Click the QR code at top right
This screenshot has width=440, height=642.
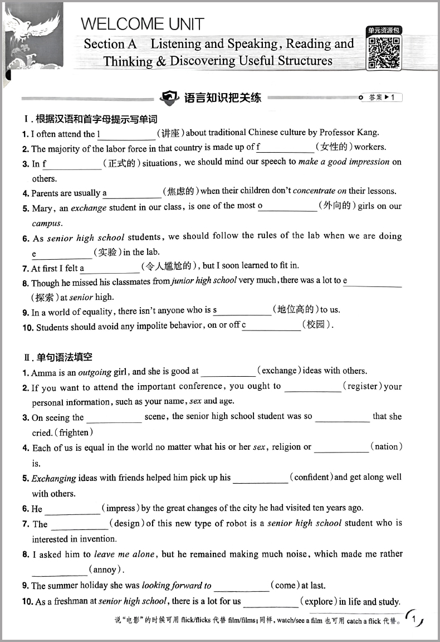point(384,53)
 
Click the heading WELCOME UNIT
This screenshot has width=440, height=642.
point(143,24)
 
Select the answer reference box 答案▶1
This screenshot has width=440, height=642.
point(381,98)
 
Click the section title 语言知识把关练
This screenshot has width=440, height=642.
point(222,98)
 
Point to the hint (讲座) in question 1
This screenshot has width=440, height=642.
point(170,133)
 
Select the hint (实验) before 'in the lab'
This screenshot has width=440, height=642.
point(106,252)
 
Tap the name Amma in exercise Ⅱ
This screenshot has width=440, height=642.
point(42,372)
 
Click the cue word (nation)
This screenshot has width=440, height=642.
point(386,446)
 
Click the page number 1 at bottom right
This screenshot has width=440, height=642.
point(414,619)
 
